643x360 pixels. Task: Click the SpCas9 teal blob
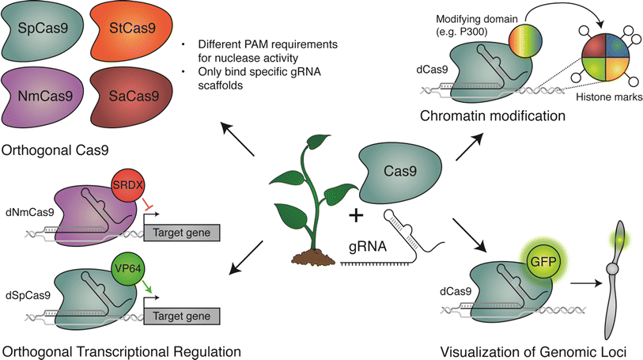pos(43,32)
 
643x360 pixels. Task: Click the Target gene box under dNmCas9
pos(183,233)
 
